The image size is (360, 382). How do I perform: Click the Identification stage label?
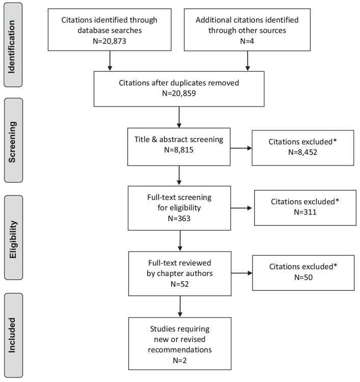pos(12,47)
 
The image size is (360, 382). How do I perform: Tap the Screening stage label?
pos(12,142)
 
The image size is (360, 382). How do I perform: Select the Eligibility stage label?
pos(13,239)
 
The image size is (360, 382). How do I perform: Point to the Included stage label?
pos(12,335)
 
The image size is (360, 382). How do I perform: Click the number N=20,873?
pos(109,41)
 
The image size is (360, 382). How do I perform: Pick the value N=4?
pos(247,41)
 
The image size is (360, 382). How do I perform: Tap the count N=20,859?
pos(179,93)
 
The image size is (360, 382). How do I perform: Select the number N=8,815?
pos(179,150)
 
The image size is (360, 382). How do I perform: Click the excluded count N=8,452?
pos(302,152)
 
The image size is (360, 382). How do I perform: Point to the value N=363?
pos(179,219)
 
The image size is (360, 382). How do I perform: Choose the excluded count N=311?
pos(305,212)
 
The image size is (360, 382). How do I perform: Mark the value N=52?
pos(180,284)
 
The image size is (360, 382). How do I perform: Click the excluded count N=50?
pos(303,277)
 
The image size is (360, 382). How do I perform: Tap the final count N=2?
pos(180,360)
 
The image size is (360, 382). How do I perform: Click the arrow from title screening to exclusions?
pos(241,148)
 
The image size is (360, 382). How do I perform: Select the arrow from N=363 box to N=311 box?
pos(241,208)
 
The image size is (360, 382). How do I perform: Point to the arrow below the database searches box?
pos(110,61)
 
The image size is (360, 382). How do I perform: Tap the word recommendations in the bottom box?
pos(180,349)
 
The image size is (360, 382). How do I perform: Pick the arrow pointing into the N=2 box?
pos(180,307)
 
